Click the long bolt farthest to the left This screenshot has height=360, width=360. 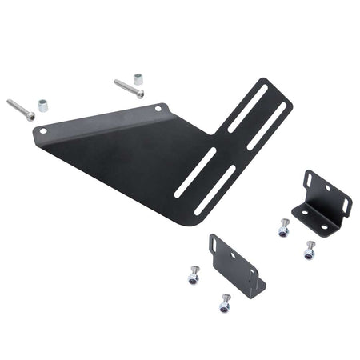point(21,110)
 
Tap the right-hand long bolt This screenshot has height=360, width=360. point(128,87)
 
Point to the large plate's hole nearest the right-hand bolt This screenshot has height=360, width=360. point(158,107)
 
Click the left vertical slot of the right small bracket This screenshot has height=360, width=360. point(311,182)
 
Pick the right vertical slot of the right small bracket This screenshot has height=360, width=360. point(345,206)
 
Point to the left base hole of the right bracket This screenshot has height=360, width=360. point(305,212)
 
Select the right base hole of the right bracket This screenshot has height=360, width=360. point(324,226)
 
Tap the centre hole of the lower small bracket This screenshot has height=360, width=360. point(234,256)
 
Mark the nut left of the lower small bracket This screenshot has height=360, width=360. point(193,276)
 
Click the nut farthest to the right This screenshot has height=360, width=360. point(310,250)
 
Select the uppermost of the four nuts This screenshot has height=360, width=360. point(282,229)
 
